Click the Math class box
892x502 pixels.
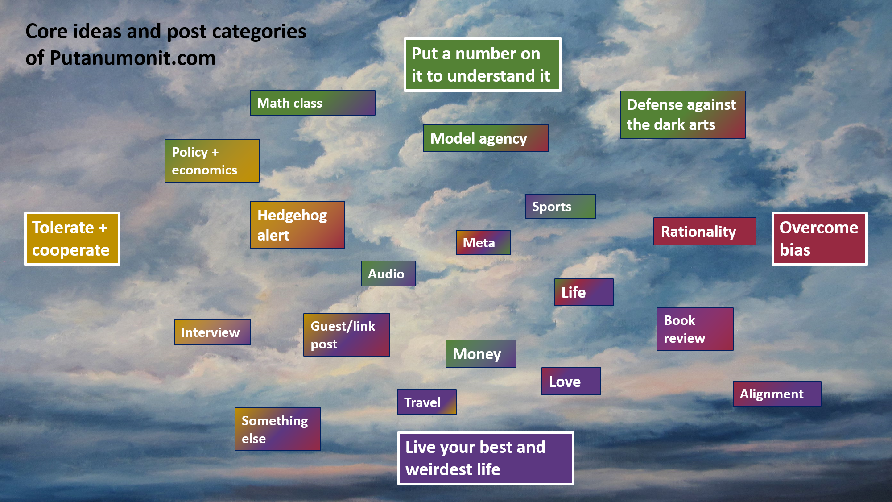click(313, 103)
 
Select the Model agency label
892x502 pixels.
click(486, 138)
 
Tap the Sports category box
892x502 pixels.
click(561, 206)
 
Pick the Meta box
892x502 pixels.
click(483, 242)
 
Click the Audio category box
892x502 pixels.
click(388, 274)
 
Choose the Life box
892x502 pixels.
click(584, 292)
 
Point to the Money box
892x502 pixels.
click(481, 354)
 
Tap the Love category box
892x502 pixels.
click(571, 382)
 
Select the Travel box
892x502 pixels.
click(427, 402)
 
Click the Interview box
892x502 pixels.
click(212, 332)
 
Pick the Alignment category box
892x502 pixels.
click(777, 394)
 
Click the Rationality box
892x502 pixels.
click(705, 232)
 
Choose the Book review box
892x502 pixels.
click(695, 329)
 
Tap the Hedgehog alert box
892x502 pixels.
click(297, 225)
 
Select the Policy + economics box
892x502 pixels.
click(212, 161)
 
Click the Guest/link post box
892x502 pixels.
click(347, 335)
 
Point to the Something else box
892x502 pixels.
click(278, 429)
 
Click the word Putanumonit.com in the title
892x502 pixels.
click(132, 58)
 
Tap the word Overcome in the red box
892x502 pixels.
click(819, 228)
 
